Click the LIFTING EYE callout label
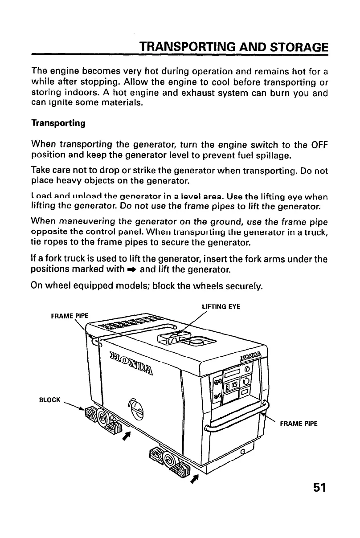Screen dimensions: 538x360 (221, 307)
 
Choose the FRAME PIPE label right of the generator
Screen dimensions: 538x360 (298, 424)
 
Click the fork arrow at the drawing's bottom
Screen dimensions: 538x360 (193, 479)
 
